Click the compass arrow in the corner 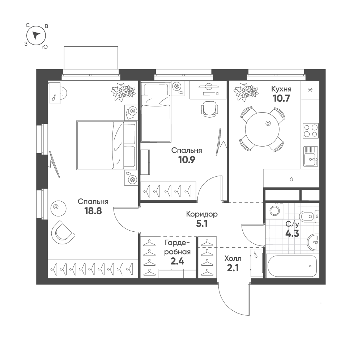click(36, 35)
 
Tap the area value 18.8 click(93, 211)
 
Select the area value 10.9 click(186, 160)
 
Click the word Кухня click(281, 89)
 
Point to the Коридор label click(202, 214)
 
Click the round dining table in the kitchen click(262, 129)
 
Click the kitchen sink click(310, 156)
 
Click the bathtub click(292, 266)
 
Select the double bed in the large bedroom click(106, 145)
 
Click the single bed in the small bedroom click(155, 112)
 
